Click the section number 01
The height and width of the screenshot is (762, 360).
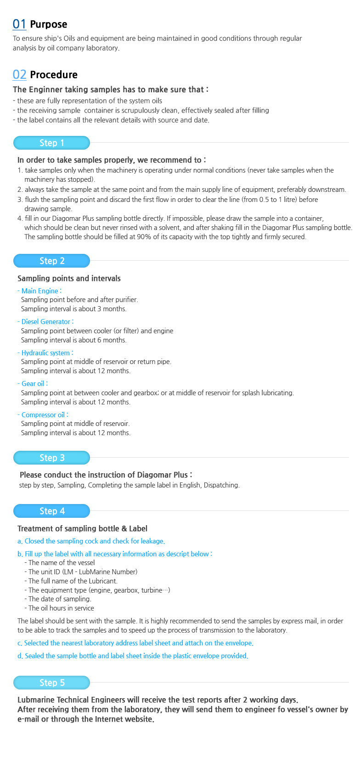tap(19, 24)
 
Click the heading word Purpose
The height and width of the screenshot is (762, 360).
tap(49, 24)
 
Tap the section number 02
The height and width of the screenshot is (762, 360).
tap(19, 74)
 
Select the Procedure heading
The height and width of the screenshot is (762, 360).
tap(54, 75)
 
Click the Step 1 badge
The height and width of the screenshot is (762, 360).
tap(51, 143)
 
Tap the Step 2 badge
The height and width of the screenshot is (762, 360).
tap(51, 261)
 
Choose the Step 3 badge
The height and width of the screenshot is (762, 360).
tap(51, 458)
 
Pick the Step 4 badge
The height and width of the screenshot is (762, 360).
tap(51, 511)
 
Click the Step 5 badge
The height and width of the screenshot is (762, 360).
tap(51, 683)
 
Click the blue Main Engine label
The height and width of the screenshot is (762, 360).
tap(40, 291)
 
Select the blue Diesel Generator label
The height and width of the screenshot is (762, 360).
tap(46, 322)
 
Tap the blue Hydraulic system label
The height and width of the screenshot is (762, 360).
tap(46, 353)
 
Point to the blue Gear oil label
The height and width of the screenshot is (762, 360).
tap(34, 384)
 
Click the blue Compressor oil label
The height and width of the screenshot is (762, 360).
tap(44, 415)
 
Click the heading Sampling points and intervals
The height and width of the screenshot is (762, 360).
tap(69, 279)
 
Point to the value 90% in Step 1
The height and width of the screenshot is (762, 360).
tap(144, 237)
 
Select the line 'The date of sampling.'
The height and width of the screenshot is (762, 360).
tap(60, 599)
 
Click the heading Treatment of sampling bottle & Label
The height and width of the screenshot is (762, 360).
tap(82, 529)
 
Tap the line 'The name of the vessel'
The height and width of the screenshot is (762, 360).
tap(62, 563)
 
